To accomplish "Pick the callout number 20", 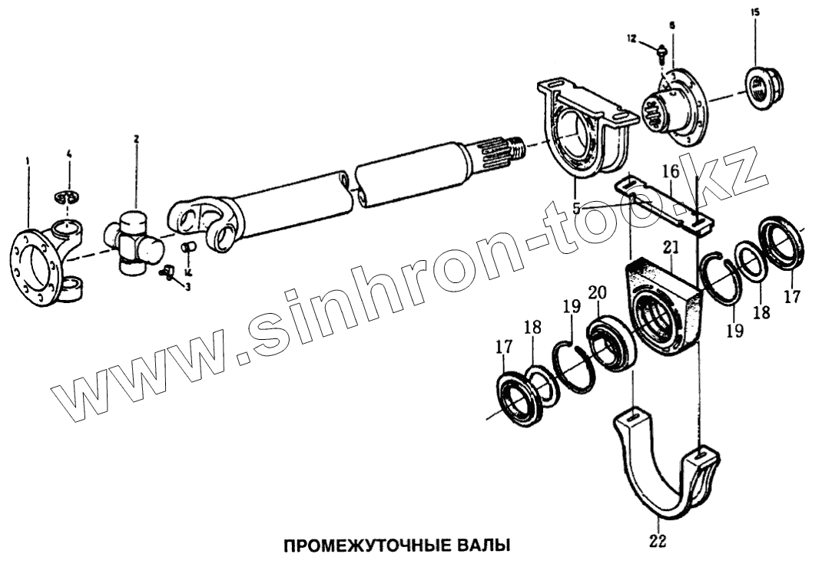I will coord(597,293).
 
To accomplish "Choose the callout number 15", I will coord(754,13).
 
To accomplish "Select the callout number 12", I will coord(631,38).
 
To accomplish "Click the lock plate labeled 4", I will coord(68,197).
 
